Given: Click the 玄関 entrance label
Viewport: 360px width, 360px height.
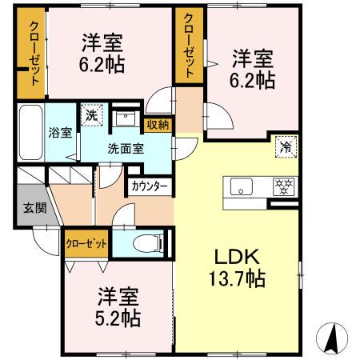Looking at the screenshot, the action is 35,208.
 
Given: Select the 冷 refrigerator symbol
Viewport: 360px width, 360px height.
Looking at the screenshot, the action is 286,146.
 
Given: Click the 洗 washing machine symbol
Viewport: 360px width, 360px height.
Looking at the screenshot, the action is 92,115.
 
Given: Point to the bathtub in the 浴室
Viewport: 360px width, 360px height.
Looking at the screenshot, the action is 31,133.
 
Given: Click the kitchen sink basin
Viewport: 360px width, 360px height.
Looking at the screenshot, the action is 242,186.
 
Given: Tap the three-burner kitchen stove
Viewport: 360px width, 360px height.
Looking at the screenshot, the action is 284,186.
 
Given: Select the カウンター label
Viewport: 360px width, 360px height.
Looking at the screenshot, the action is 150,187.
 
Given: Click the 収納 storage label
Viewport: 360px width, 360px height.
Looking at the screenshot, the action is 158,125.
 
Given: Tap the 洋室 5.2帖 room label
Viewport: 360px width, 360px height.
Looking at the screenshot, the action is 118,307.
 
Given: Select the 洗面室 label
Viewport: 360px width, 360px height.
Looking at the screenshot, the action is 126,149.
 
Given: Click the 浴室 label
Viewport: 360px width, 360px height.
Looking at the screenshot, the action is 60,133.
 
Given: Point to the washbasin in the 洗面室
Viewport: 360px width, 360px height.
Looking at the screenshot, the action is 125,118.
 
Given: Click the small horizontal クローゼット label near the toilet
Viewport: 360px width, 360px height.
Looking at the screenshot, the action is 86,243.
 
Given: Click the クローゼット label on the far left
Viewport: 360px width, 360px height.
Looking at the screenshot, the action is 34,54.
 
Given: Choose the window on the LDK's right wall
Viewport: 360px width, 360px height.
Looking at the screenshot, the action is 301,275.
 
